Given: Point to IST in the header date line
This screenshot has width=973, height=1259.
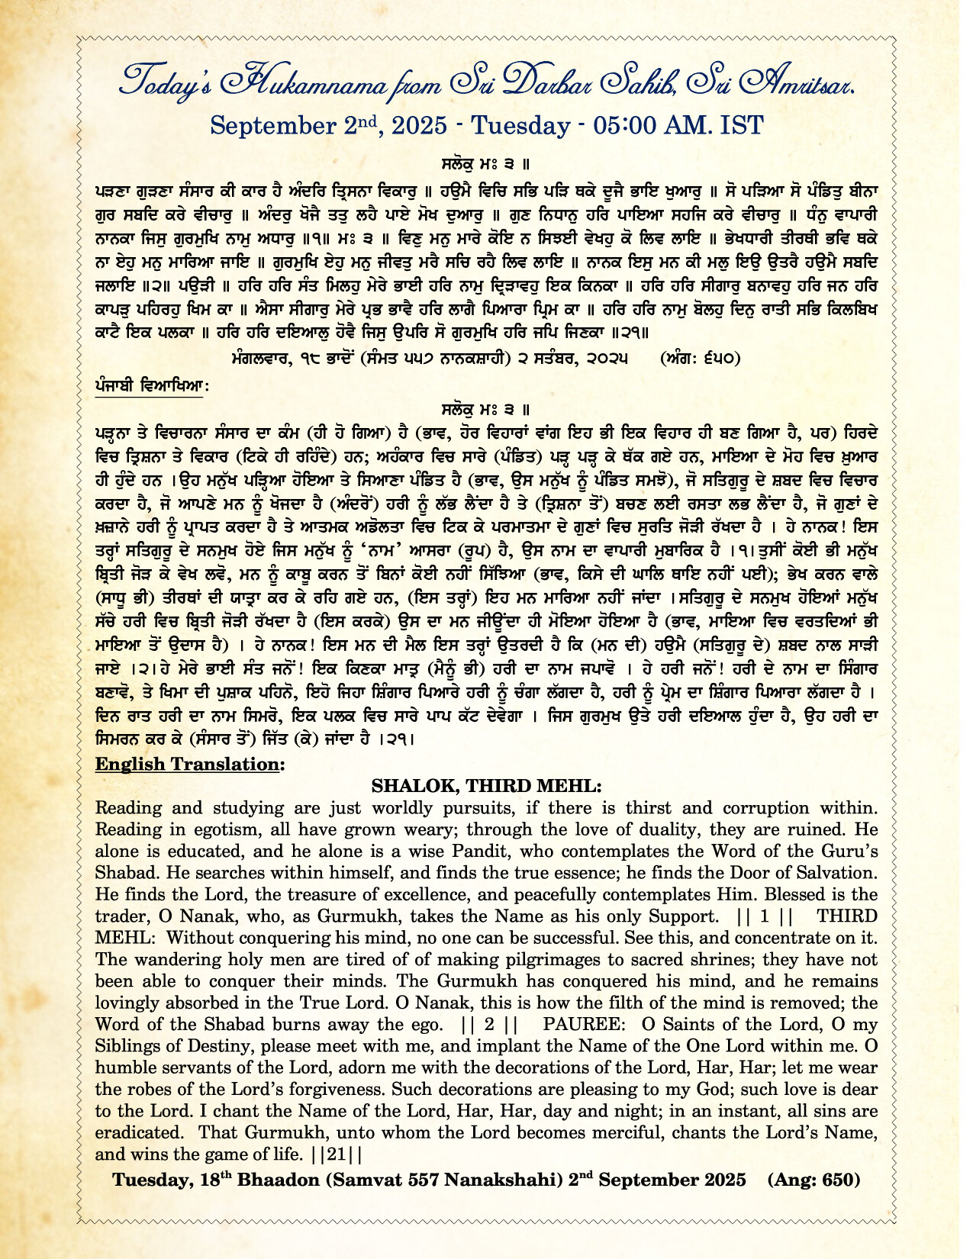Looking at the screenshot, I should click(x=739, y=125).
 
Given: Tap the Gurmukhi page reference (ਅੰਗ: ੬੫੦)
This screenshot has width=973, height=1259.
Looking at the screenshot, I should click(x=700, y=358).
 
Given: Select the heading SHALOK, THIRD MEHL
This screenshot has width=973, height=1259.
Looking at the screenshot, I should click(x=486, y=786).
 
